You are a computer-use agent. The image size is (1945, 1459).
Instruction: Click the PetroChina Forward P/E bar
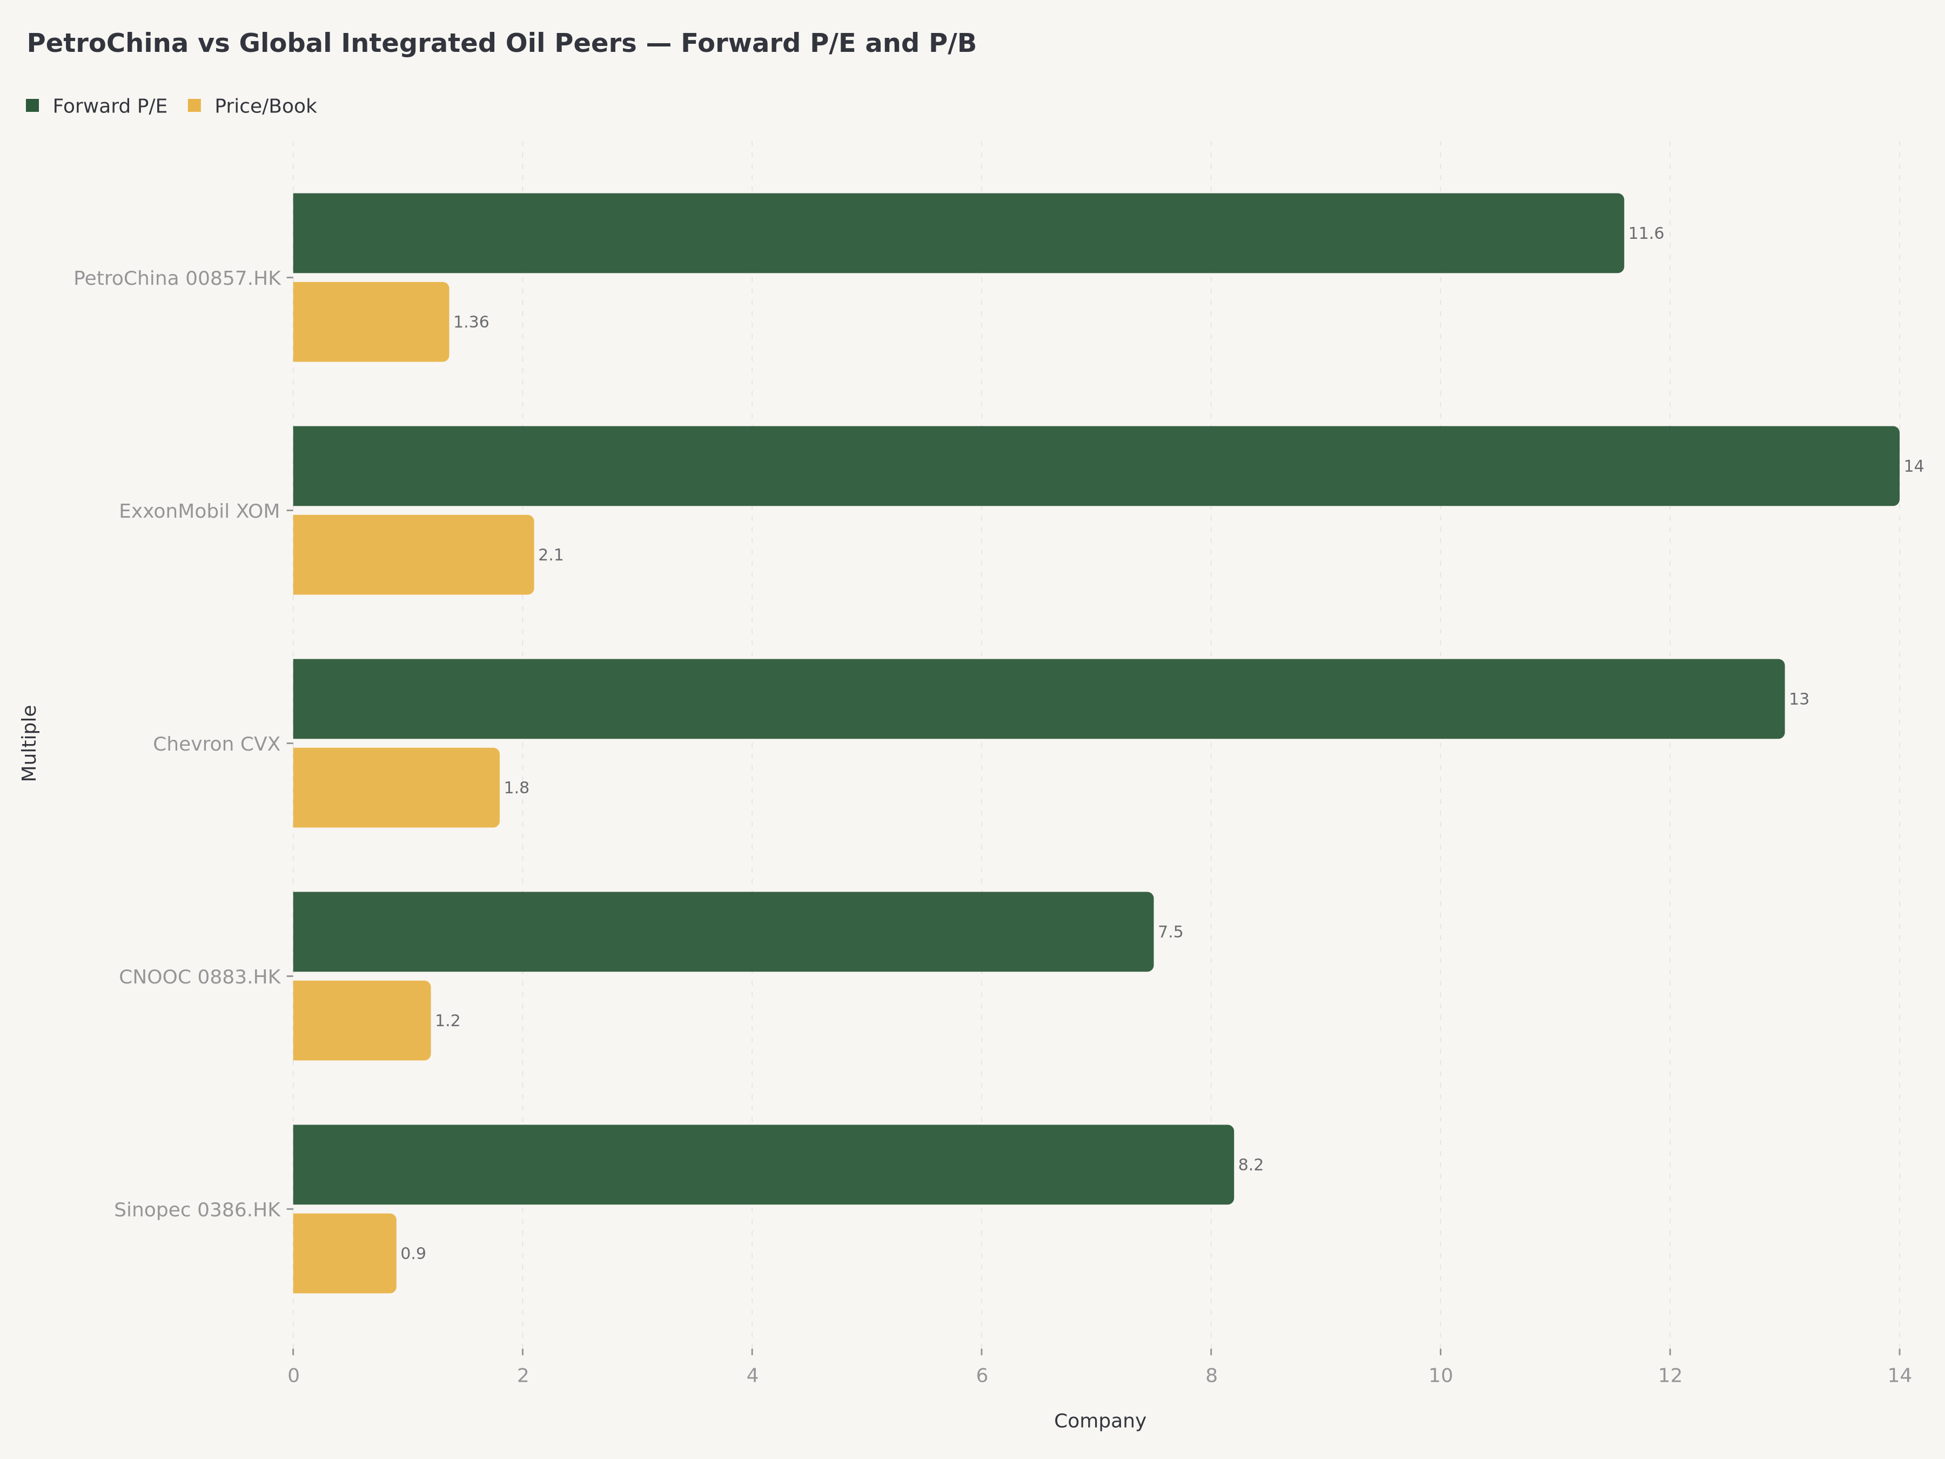point(957,233)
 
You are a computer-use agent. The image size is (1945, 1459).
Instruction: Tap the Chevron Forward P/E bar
point(1038,699)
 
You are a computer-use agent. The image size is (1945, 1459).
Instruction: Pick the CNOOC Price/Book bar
point(361,1020)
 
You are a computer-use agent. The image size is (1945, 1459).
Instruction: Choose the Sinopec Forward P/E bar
point(762,1164)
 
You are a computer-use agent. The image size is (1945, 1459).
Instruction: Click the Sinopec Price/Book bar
point(344,1253)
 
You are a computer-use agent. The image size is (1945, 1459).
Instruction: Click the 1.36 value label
point(471,323)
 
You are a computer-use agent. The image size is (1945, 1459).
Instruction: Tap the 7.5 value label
point(1170,932)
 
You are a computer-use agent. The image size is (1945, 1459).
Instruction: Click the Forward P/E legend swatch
point(32,105)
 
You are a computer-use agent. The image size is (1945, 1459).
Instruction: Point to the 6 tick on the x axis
point(981,1375)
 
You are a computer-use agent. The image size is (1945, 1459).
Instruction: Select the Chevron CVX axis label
point(216,744)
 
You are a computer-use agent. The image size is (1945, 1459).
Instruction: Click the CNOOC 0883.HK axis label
point(199,977)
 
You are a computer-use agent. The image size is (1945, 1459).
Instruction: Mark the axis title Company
point(1099,1421)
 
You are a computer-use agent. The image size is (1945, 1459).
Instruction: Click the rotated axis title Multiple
point(29,742)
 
